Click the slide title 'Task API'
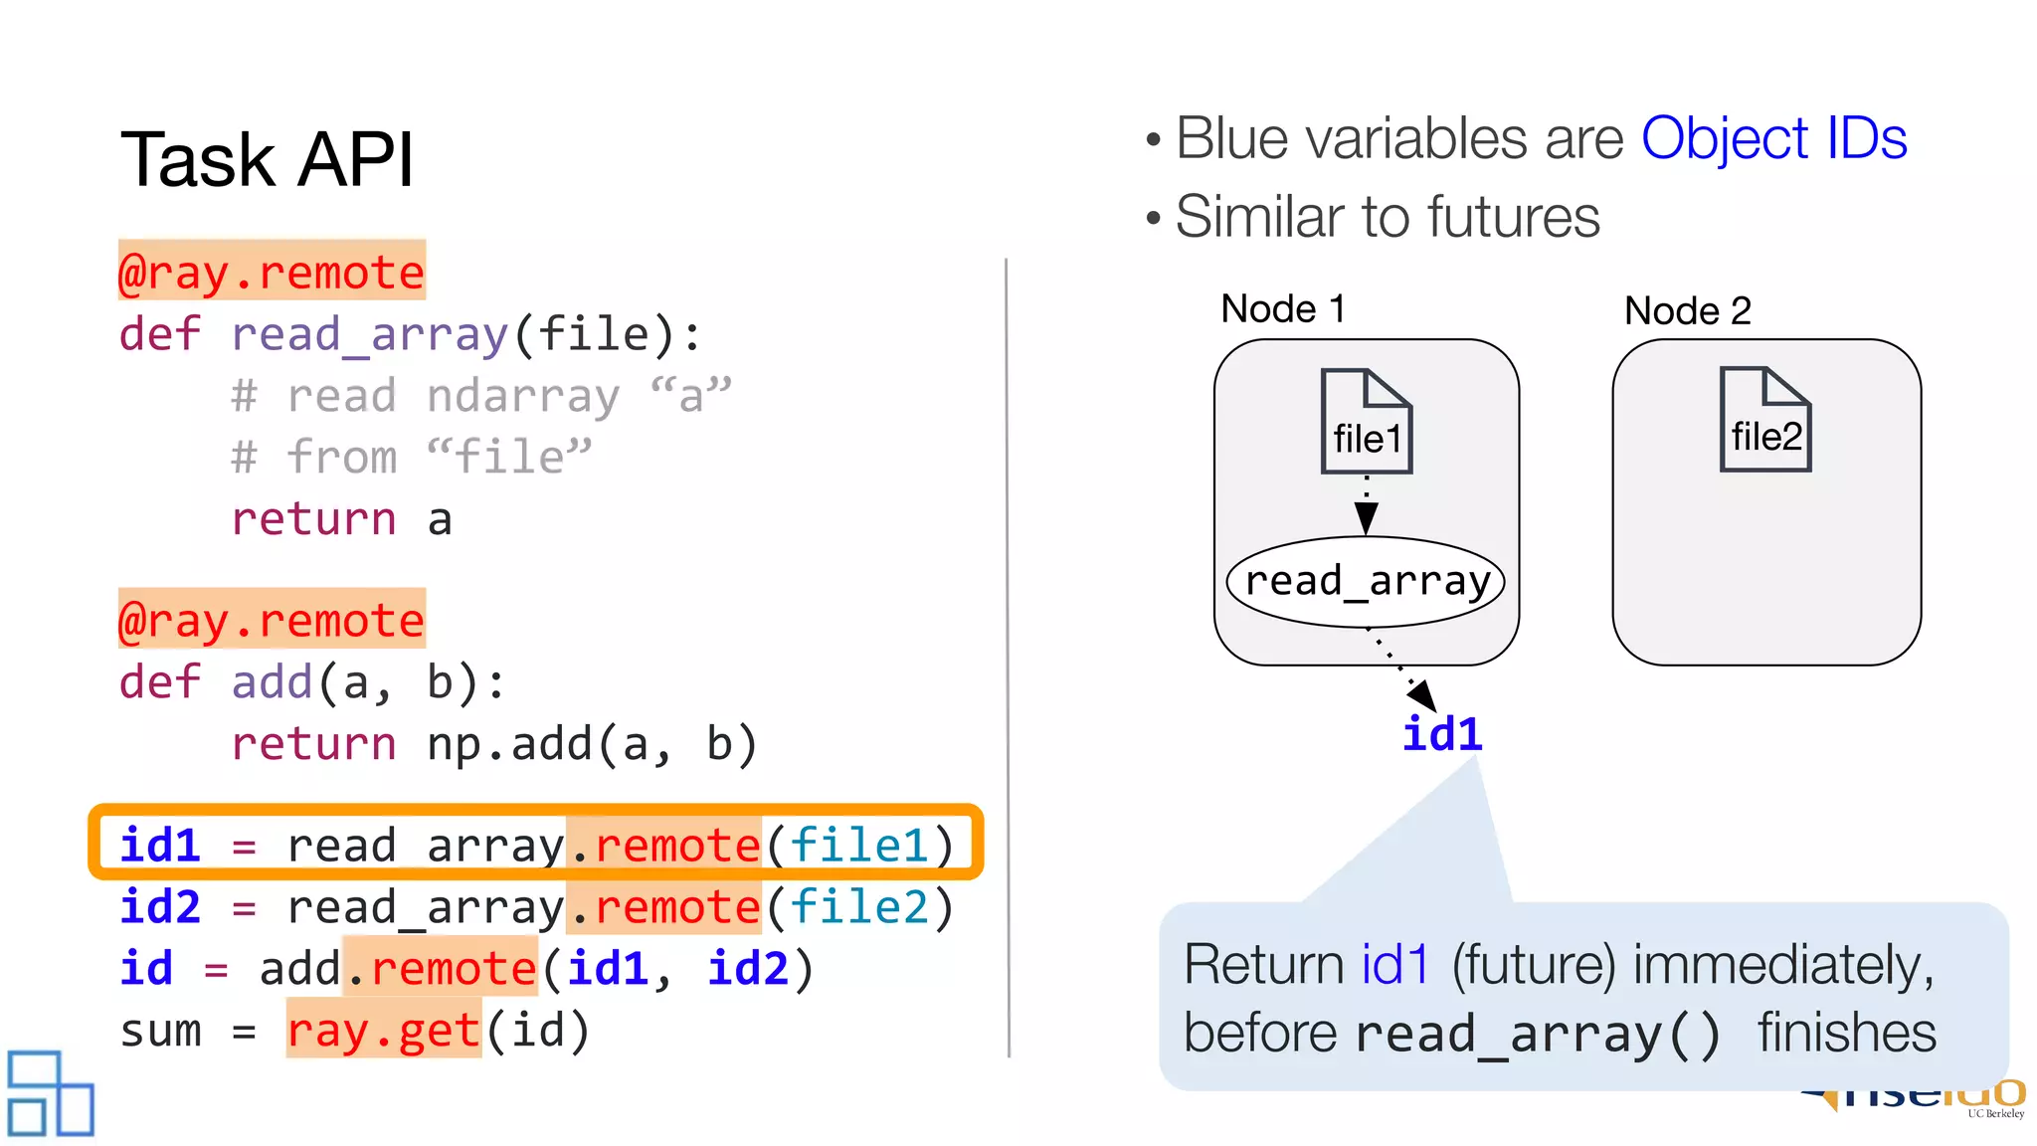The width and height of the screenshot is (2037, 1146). click(x=267, y=159)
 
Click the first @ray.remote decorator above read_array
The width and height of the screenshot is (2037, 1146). click(x=272, y=272)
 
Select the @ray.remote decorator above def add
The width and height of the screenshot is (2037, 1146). click(x=272, y=620)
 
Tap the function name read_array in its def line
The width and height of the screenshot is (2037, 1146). click(x=370, y=334)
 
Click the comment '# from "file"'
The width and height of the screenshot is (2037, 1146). click(x=411, y=458)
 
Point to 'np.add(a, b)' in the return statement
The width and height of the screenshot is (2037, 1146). click(x=592, y=744)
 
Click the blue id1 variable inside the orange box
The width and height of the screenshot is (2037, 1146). click(x=160, y=846)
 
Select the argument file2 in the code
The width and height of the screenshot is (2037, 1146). click(x=859, y=907)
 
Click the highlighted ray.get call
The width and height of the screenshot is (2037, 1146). click(x=384, y=1031)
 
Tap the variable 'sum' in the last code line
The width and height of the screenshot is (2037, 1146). click(x=160, y=1031)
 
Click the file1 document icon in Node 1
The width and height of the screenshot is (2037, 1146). click(x=1367, y=422)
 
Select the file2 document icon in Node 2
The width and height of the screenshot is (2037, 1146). click(x=1765, y=420)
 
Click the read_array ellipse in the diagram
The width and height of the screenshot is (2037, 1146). click(x=1367, y=581)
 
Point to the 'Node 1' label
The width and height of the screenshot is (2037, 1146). click(x=1283, y=309)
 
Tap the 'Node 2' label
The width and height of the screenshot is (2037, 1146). click(x=1687, y=311)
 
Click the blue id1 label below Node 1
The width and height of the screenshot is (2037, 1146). click(x=1442, y=734)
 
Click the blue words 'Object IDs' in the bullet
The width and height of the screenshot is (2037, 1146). click(x=1773, y=138)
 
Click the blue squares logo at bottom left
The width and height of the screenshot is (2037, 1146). click(x=50, y=1092)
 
